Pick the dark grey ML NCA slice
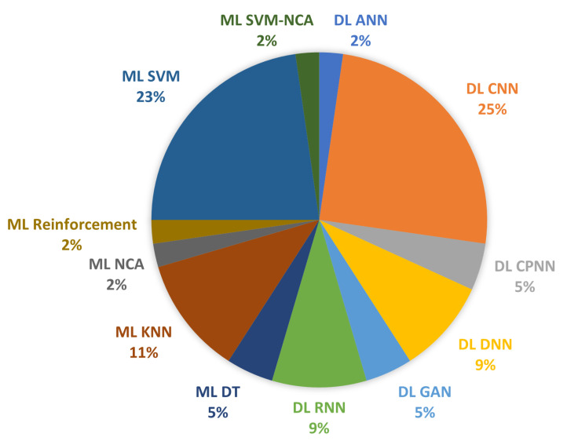pos(166,253)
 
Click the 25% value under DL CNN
pos(492,109)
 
